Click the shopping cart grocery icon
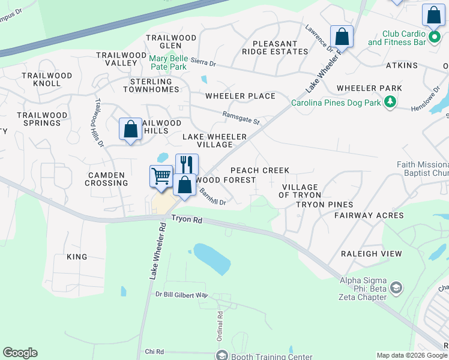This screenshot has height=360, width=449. click(x=161, y=176)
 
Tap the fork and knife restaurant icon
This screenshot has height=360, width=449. click(x=187, y=164)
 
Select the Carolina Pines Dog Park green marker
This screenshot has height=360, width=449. click(x=391, y=103)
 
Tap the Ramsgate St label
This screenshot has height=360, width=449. click(x=241, y=118)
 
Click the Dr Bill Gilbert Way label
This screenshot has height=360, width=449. click(x=181, y=295)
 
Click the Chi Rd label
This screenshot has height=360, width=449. click(x=154, y=351)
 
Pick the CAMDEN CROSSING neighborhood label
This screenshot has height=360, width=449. click(x=106, y=179)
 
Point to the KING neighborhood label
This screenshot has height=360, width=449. click(x=77, y=257)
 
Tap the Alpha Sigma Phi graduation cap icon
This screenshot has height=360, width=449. click(x=396, y=289)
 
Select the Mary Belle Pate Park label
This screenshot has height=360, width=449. click(x=168, y=62)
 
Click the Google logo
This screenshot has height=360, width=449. click(x=20, y=353)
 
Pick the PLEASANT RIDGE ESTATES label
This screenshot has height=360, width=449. click(x=275, y=47)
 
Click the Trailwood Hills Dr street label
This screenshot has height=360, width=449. click(x=98, y=123)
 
